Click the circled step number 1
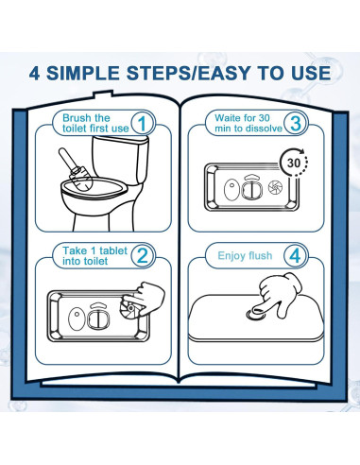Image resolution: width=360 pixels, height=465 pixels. [x=143, y=123]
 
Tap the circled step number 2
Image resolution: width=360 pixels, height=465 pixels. [x=143, y=255]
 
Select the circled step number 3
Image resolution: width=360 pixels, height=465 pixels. [x=296, y=123]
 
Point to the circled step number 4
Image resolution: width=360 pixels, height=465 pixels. [x=296, y=255]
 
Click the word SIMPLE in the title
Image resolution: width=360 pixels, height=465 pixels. [x=83, y=73]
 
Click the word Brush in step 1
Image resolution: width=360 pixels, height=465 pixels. [x=75, y=118]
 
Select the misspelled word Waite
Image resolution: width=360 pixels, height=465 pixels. [x=228, y=118]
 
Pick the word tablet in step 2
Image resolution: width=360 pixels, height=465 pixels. [x=113, y=250]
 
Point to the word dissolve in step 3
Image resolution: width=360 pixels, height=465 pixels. [x=266, y=129]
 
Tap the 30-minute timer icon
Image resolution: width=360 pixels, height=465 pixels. [x=294, y=163]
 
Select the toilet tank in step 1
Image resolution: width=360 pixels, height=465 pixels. [x=119, y=159]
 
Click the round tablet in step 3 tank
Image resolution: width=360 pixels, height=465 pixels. [x=275, y=187]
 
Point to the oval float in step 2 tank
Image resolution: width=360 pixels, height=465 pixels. [x=77, y=319]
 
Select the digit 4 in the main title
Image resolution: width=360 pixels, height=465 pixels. [x=34, y=74]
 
